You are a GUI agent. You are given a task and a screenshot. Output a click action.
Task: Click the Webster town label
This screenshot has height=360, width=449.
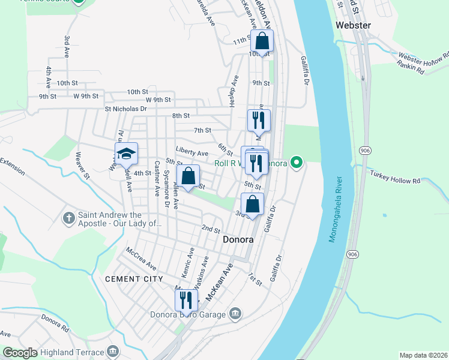(354, 25)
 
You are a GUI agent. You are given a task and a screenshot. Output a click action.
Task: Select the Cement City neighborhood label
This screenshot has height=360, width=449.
(134, 279)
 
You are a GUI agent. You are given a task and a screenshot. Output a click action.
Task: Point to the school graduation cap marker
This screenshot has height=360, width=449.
(126, 154)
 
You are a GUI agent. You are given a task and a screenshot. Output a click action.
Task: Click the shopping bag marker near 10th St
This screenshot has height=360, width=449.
(262, 41)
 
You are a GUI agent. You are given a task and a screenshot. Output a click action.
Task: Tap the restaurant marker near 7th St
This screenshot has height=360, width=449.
(259, 120)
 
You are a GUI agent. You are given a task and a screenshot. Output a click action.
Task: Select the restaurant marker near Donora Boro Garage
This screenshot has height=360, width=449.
(186, 299)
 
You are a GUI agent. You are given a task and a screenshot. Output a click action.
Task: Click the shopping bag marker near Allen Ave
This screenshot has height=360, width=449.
(188, 176)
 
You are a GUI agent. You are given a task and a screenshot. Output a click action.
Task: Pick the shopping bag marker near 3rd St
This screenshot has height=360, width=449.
(253, 203)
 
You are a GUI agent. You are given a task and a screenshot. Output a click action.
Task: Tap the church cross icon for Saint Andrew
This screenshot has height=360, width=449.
(69, 215)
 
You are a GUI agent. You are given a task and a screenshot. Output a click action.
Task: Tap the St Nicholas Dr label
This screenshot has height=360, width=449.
(125, 109)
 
